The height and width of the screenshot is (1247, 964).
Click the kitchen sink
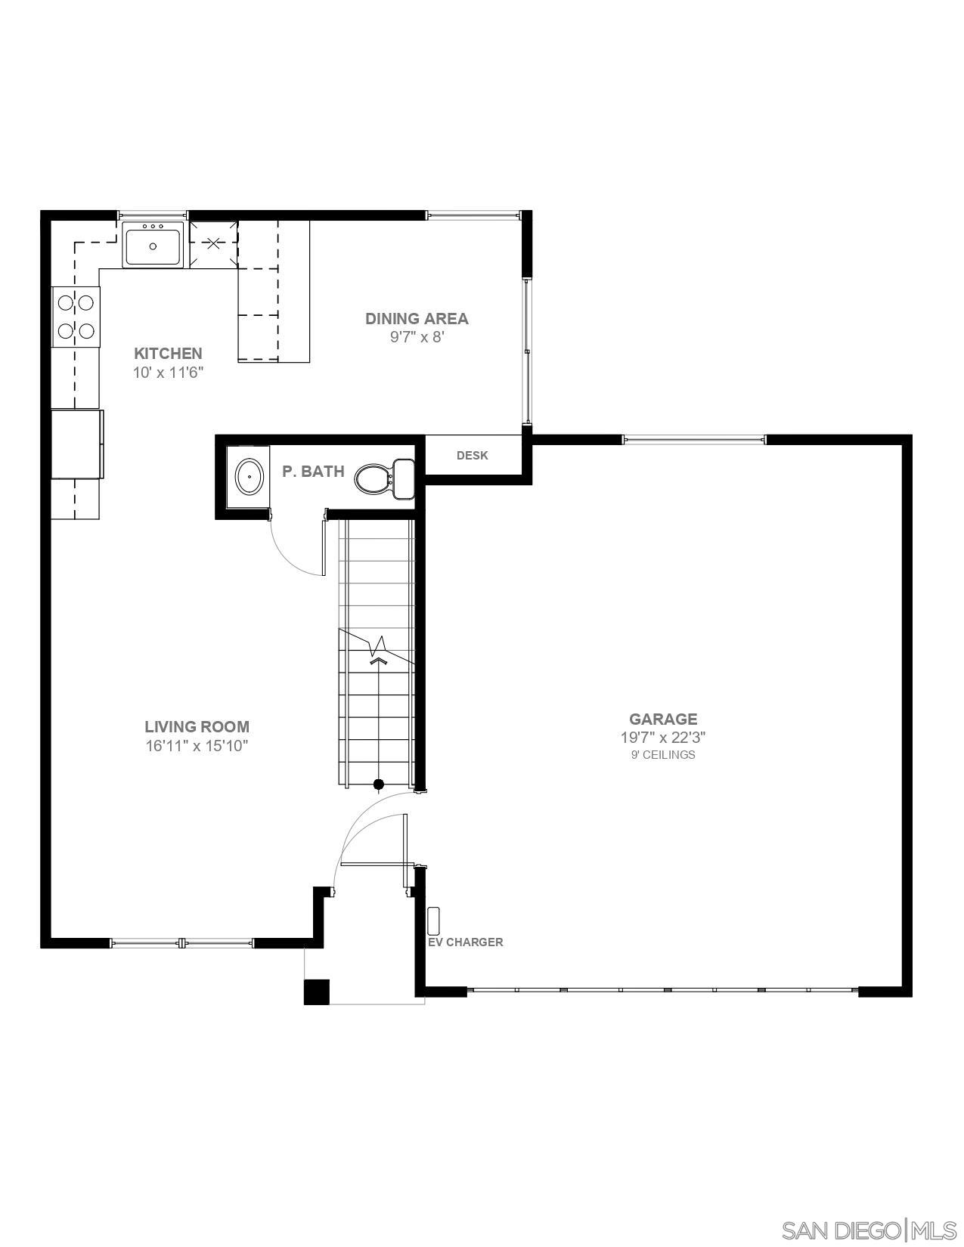pyautogui.click(x=153, y=246)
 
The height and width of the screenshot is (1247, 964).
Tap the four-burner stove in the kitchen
pyautogui.click(x=76, y=317)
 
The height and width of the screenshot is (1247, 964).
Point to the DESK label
pyautogui.click(x=472, y=456)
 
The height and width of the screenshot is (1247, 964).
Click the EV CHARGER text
pyautogui.click(x=465, y=942)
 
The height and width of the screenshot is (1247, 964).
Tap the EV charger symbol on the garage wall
pyautogui.click(x=433, y=921)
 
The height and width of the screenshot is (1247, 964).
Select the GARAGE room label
pyautogui.click(x=663, y=719)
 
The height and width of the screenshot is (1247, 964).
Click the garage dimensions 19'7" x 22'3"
pyautogui.click(x=663, y=738)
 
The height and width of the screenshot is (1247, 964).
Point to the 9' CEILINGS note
pyautogui.click(x=663, y=754)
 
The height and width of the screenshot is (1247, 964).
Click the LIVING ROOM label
pyautogui.click(x=197, y=726)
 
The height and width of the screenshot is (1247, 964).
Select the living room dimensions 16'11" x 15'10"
pyautogui.click(x=197, y=746)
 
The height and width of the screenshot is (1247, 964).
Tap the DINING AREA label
pyautogui.click(x=417, y=318)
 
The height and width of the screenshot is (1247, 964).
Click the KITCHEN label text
pyautogui.click(x=168, y=353)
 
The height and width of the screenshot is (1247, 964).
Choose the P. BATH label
pyautogui.click(x=313, y=472)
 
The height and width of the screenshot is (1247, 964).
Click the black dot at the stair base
pyautogui.click(x=379, y=784)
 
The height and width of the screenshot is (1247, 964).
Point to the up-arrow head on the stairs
pyautogui.click(x=379, y=661)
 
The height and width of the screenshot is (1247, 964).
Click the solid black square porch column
pyautogui.click(x=317, y=992)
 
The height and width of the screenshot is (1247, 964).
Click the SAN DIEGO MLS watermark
pyautogui.click(x=869, y=1230)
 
